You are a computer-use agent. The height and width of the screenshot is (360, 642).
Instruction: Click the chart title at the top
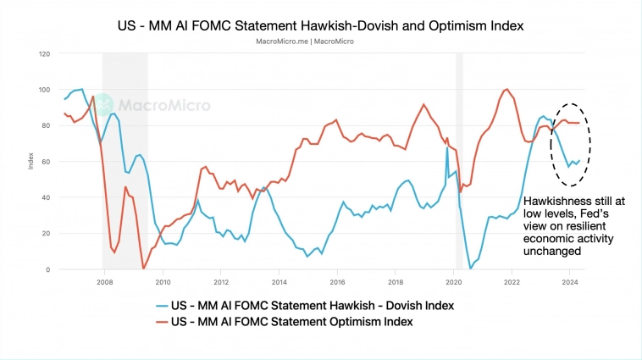coord(320,25)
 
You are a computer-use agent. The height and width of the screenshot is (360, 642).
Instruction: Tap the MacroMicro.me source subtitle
coord(320,41)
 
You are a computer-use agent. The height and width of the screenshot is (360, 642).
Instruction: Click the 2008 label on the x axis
coord(104,282)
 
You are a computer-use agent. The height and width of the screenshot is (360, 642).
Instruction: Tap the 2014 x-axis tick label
coord(278,282)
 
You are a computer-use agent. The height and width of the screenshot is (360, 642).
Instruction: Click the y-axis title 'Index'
coord(31,161)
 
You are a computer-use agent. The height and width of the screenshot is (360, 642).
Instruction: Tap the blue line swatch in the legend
coord(163,305)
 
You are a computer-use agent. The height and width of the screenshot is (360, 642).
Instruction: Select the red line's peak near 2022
coord(506,89)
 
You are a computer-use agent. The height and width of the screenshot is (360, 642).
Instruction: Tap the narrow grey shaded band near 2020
coord(460,161)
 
